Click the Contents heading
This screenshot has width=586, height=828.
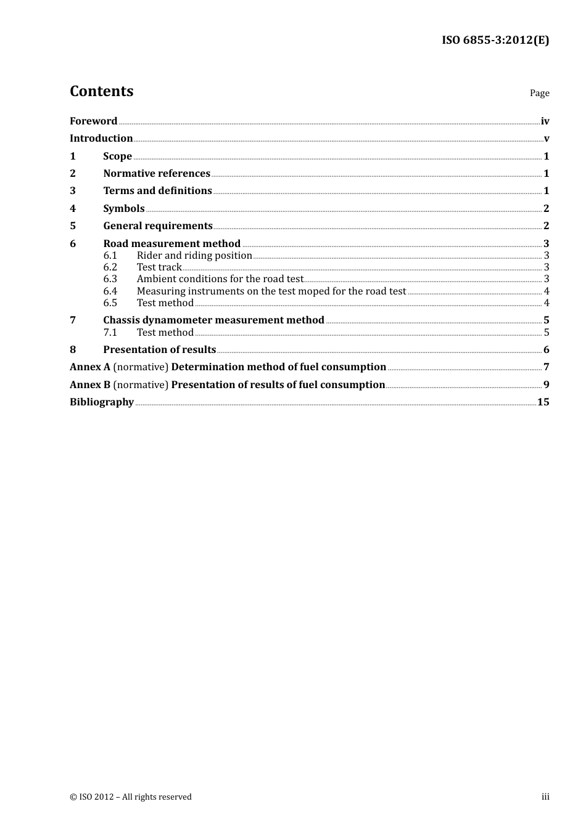tap(101, 91)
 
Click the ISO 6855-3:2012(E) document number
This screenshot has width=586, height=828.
tap(495, 40)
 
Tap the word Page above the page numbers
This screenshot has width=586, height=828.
tap(539, 93)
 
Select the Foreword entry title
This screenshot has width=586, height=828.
tap(93, 121)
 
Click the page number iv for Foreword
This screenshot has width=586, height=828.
tap(545, 121)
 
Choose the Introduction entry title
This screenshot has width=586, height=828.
tap(101, 138)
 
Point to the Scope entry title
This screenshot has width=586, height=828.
tap(117, 156)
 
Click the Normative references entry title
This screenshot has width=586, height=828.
tap(157, 173)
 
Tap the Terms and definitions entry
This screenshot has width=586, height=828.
tap(157, 190)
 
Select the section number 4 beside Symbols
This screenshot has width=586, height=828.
tap(73, 208)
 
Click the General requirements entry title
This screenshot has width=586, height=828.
tap(158, 225)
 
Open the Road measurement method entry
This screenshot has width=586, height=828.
tap(171, 243)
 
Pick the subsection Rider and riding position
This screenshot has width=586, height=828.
tap(194, 255)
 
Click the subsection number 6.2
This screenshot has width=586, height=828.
tap(110, 267)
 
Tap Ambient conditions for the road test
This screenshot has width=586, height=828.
tap(220, 278)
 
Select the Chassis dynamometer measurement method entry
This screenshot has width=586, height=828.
tap(213, 320)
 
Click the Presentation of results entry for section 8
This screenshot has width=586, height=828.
tap(159, 349)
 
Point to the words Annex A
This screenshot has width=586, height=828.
tap(89, 367)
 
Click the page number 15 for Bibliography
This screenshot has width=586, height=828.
tap(543, 402)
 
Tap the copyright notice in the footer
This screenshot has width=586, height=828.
tap(131, 797)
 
